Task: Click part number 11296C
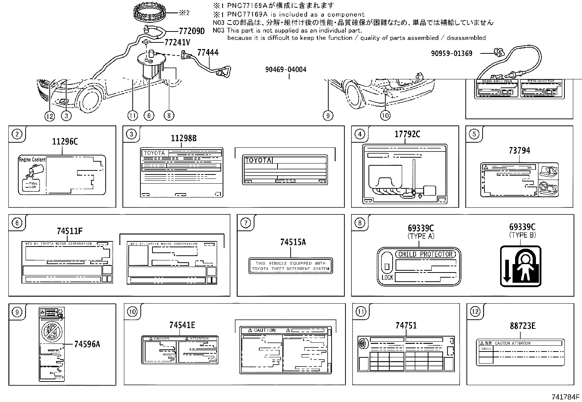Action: click(x=65, y=142)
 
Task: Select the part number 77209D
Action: click(x=192, y=31)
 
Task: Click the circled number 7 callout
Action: click(x=246, y=223)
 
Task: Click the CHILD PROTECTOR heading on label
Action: click(x=425, y=254)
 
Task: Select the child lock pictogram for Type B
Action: click(x=520, y=266)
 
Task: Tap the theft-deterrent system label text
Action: click(x=290, y=266)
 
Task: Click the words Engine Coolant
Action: click(x=32, y=159)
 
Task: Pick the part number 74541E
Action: click(x=182, y=325)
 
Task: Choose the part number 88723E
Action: click(x=522, y=326)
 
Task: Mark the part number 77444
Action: click(x=208, y=53)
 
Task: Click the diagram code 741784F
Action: click(x=566, y=396)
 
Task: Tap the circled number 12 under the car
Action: click(x=49, y=116)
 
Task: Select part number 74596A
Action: click(x=87, y=344)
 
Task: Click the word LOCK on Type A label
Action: click(x=387, y=277)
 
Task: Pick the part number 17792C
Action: click(x=407, y=134)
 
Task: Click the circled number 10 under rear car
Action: click(x=385, y=116)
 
